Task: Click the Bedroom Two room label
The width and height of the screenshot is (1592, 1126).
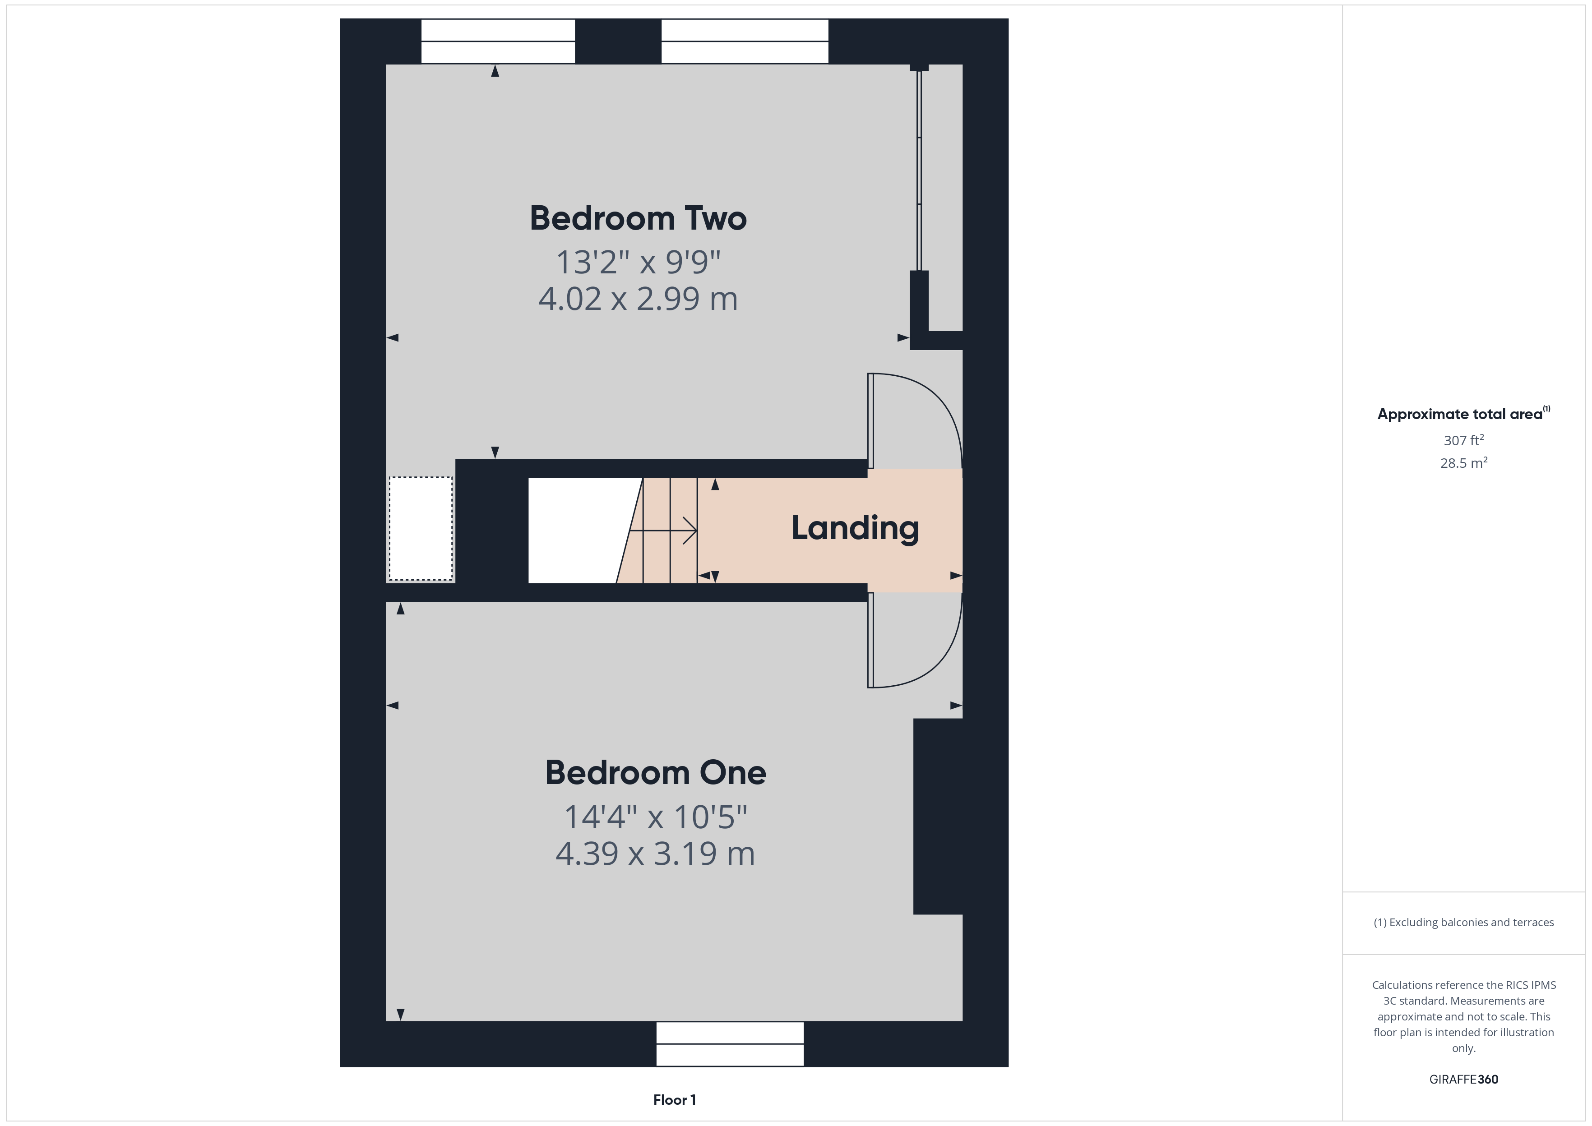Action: click(x=638, y=218)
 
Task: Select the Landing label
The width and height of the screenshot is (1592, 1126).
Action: click(x=855, y=528)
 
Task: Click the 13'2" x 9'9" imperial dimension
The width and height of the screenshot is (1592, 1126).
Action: click(x=638, y=262)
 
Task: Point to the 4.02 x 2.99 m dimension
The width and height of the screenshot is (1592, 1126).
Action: click(x=638, y=299)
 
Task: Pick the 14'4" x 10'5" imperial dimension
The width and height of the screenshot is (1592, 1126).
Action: click(x=655, y=817)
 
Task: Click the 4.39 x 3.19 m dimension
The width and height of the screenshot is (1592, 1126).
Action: click(x=655, y=854)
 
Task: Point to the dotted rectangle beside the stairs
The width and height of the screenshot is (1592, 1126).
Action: click(x=420, y=528)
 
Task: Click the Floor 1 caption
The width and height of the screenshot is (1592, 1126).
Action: click(x=674, y=1100)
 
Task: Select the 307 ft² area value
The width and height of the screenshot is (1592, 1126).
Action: click(x=1463, y=440)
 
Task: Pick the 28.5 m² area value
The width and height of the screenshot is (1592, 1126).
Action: click(x=1463, y=463)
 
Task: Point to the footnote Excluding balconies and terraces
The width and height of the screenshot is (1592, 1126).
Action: click(x=1463, y=922)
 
